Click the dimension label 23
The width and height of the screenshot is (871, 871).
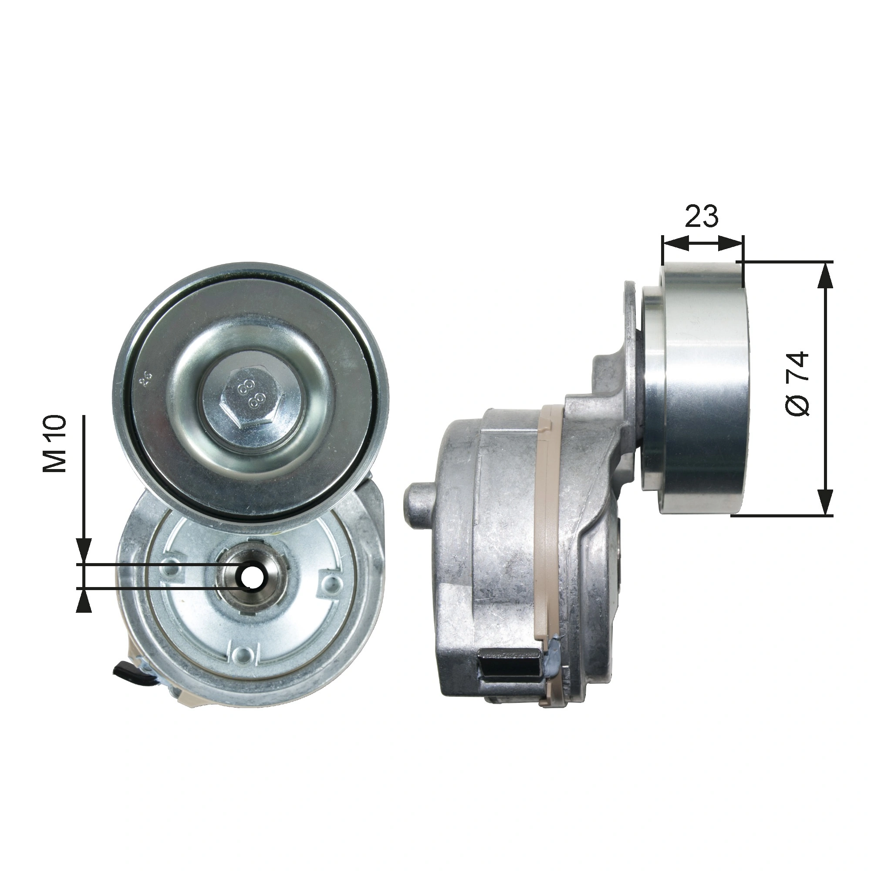[701, 216]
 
